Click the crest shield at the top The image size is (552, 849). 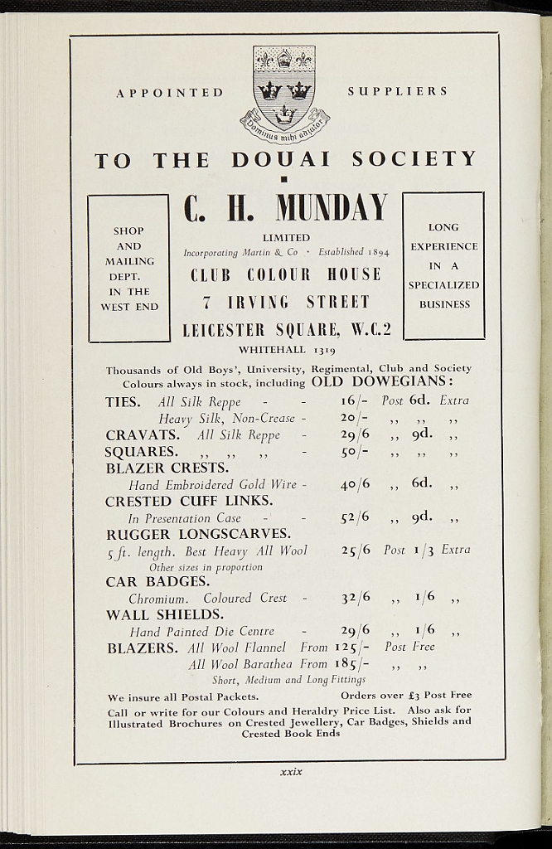283,87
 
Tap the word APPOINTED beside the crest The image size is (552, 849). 170,93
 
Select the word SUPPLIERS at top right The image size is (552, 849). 398,91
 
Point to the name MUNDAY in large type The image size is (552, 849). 331,208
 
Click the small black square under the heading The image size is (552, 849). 283,179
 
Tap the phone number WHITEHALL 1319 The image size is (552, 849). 287,350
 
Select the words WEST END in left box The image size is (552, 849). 129,307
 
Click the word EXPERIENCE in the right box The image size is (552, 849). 444,246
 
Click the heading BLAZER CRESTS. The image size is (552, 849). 167,468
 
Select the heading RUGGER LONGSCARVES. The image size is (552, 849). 197,534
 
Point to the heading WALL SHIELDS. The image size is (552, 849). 164,615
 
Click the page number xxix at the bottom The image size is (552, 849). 291,772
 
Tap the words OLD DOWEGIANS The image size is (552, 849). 382,382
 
